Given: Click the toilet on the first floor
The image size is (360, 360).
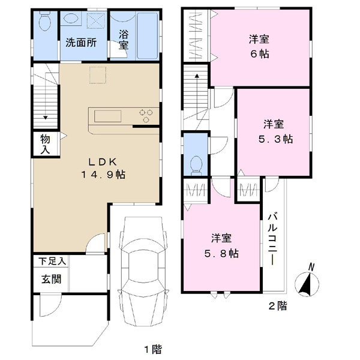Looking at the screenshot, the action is (x=45, y=20).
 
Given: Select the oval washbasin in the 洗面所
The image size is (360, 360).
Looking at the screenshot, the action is (x=71, y=18).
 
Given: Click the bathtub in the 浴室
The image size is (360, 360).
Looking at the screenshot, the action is (x=148, y=35).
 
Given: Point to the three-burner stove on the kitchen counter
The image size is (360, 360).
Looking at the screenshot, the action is (x=146, y=116).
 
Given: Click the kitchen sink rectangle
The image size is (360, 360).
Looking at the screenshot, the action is (x=107, y=116).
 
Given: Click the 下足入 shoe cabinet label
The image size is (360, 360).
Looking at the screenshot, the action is (x=52, y=261).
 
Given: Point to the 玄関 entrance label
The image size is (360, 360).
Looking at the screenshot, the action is (x=52, y=280).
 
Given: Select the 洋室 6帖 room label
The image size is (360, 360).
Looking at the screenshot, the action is (x=259, y=47).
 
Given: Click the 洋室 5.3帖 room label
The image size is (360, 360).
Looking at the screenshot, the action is (x=275, y=132).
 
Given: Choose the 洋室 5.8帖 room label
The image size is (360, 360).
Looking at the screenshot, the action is (x=221, y=246).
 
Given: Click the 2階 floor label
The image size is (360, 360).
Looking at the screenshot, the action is (x=278, y=306).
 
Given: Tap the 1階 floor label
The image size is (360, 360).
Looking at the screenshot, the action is (x=153, y=349).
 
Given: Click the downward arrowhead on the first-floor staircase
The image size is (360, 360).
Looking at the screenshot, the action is (x=46, y=118).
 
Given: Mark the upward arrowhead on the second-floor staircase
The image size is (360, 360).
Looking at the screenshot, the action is (x=197, y=76).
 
